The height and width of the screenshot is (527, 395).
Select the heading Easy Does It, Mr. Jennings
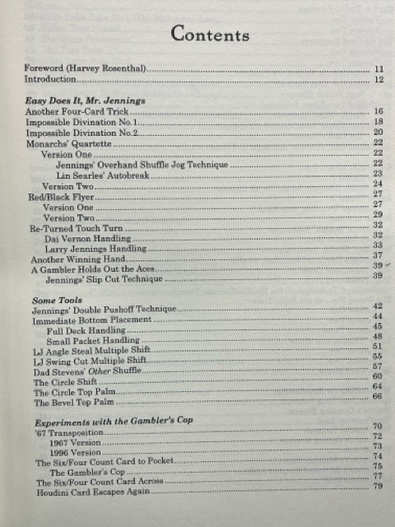86,100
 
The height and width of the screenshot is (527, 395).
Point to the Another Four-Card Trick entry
69,110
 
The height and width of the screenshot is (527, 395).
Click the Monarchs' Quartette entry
67,142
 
